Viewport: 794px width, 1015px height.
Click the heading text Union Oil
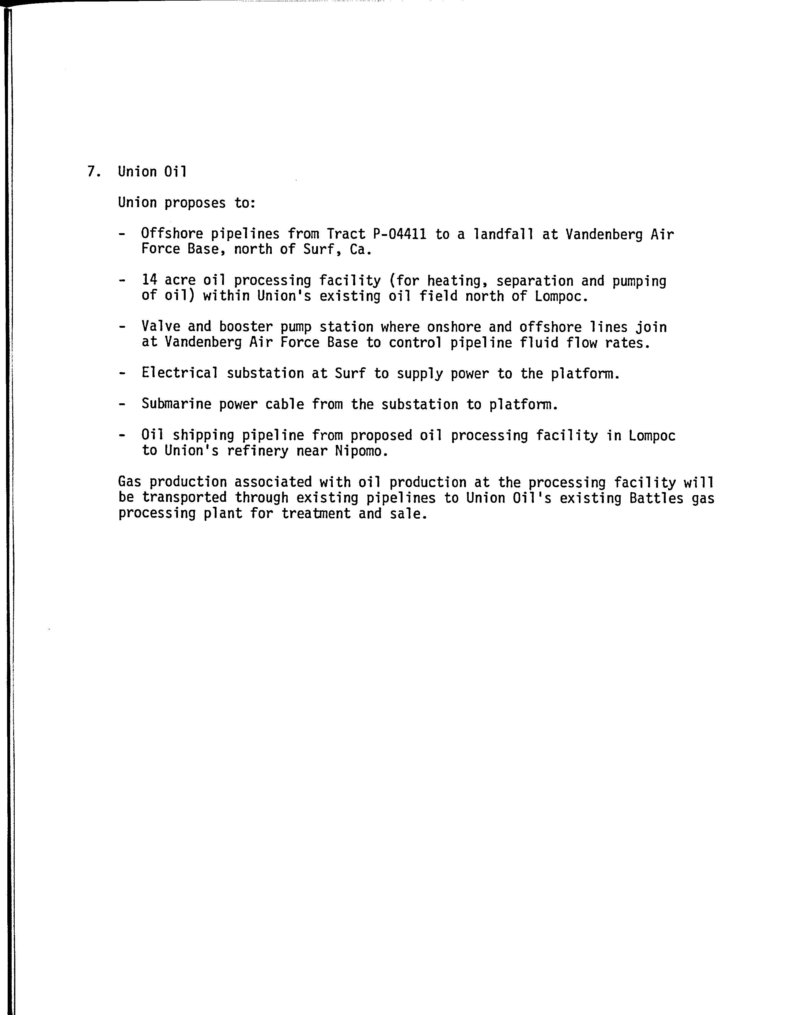coord(152,172)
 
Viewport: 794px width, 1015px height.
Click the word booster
coord(245,327)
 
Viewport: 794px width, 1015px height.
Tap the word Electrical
coord(180,373)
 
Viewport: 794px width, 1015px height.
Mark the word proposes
coord(195,203)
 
